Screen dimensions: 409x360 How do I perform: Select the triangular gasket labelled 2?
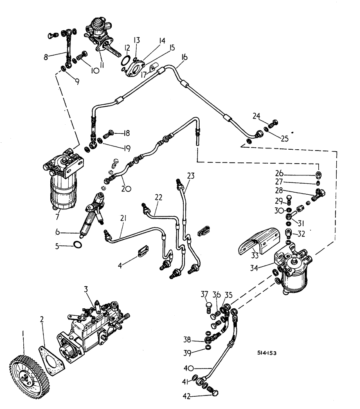50,360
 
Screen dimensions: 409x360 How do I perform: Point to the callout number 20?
126,189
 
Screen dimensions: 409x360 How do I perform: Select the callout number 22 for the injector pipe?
158,197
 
